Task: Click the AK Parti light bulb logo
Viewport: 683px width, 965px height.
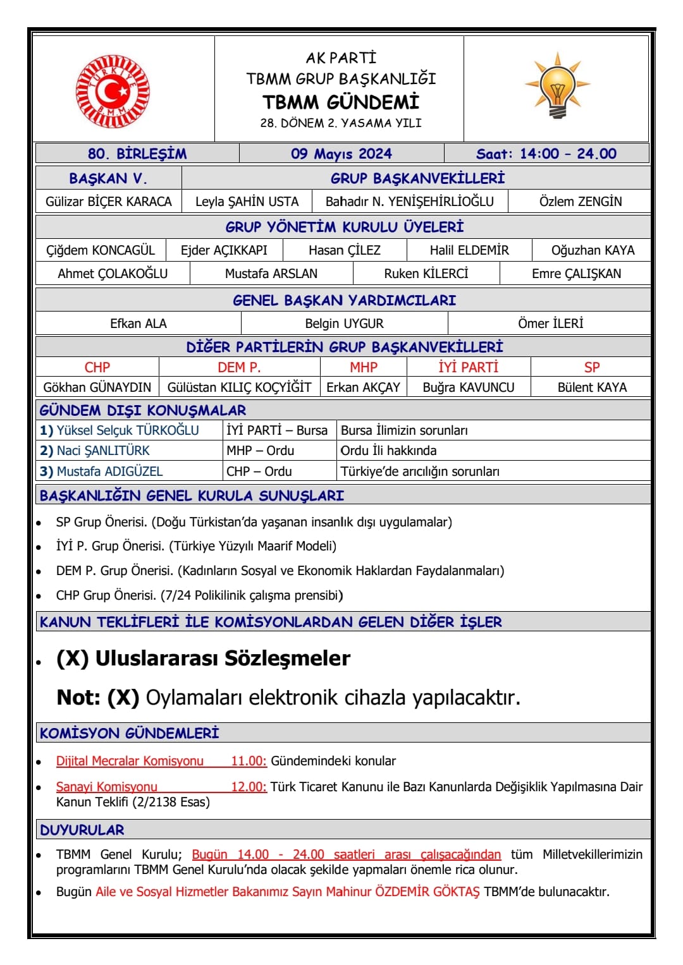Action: click(557, 86)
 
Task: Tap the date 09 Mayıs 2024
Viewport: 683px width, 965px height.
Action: click(341, 154)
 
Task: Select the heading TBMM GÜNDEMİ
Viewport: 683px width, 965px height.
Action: click(341, 102)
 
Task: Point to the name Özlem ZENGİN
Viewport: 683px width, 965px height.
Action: click(580, 202)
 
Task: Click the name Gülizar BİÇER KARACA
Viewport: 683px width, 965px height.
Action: click(108, 202)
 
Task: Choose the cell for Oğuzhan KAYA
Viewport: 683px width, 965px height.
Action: click(593, 250)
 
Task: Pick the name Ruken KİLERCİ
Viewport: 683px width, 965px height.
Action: click(426, 274)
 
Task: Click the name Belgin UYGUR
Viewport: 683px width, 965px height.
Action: click(344, 324)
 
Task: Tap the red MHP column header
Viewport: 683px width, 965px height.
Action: click(364, 367)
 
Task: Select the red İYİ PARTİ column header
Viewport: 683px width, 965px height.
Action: click(468, 367)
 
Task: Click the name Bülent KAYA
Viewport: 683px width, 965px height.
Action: click(592, 387)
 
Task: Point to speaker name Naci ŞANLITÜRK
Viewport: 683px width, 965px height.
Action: click(103, 451)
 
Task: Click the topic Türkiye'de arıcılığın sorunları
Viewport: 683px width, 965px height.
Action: click(420, 471)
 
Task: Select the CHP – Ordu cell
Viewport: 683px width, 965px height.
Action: click(259, 471)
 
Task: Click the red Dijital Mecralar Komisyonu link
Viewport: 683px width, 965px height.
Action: click(130, 761)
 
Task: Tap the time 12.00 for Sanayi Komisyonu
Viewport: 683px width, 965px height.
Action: click(249, 787)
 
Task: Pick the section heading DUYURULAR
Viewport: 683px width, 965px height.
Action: click(82, 830)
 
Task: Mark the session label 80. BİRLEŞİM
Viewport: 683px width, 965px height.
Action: click(137, 154)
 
